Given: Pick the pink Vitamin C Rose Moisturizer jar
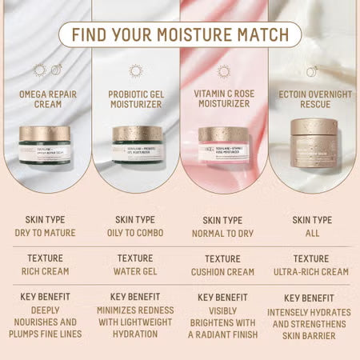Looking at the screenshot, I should tap(223, 144).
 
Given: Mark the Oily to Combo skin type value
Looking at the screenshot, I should tap(135, 233).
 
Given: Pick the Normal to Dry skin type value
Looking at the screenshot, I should tap(223, 233).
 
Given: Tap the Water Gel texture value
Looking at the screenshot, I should tap(135, 271).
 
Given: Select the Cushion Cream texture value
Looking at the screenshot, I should tap(223, 271).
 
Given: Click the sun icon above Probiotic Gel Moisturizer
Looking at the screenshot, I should tap(135, 71).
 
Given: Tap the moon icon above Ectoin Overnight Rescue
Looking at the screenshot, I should tap(312, 71).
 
